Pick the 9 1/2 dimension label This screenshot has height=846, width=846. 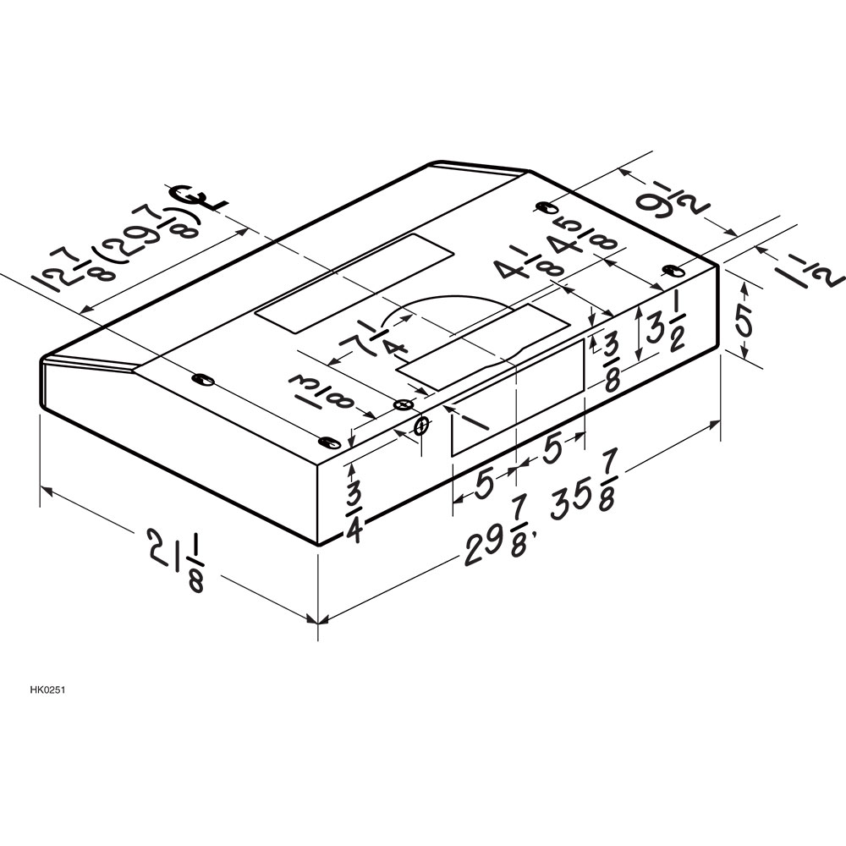click(666, 203)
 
